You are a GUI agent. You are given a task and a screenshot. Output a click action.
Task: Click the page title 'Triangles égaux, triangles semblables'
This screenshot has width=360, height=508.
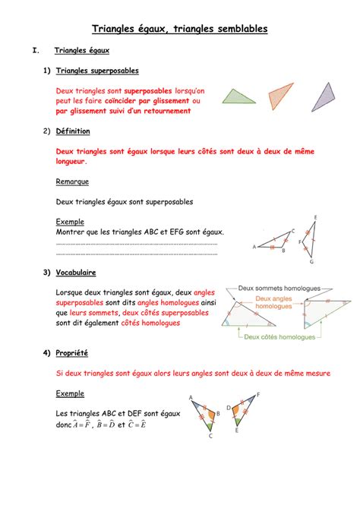(x=179, y=29)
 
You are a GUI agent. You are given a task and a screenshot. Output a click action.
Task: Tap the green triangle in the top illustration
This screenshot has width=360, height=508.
(x=241, y=96)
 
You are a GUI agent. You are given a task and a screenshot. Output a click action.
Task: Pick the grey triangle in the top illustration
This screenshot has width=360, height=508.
(x=322, y=98)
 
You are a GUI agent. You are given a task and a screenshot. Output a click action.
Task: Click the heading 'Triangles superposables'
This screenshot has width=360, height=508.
(x=97, y=71)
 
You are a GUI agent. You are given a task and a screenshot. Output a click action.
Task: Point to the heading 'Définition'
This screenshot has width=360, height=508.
(x=73, y=131)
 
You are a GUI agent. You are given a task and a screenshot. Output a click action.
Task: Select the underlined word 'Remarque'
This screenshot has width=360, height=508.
(x=72, y=181)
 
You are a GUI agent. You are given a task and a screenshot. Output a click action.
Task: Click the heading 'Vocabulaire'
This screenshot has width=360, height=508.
(x=76, y=272)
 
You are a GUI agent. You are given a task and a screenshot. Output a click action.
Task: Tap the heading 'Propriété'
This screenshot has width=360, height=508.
(x=72, y=353)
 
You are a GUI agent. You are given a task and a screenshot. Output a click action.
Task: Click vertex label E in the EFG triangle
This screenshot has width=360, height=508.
(x=314, y=218)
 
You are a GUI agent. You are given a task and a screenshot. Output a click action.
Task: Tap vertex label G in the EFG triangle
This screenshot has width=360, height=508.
(x=311, y=262)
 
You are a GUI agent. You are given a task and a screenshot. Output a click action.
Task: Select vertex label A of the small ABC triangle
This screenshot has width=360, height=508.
(x=254, y=247)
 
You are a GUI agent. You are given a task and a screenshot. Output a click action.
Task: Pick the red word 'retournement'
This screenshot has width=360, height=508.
(x=164, y=111)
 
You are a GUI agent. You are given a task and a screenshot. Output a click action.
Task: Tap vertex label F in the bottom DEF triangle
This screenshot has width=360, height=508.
(x=258, y=394)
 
